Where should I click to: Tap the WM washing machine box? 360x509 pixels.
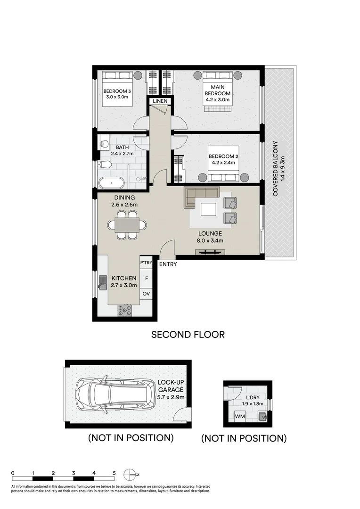tap(239, 416)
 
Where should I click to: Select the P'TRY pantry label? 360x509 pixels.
tap(146, 263)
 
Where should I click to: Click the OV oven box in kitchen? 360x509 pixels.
tap(146, 294)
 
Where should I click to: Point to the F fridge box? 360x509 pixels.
tap(146, 279)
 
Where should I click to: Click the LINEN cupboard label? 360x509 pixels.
tap(158, 101)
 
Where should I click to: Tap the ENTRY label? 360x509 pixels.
tap(168, 264)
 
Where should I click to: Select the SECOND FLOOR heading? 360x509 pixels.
tap(188, 335)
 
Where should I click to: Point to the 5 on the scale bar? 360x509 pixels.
tap(114, 473)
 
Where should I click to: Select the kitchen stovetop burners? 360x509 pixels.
tap(125, 310)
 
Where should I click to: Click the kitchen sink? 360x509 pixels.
tap(103, 282)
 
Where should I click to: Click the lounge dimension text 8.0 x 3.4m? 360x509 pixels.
tap(210, 240)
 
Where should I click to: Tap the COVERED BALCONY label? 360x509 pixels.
tap(275, 169)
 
